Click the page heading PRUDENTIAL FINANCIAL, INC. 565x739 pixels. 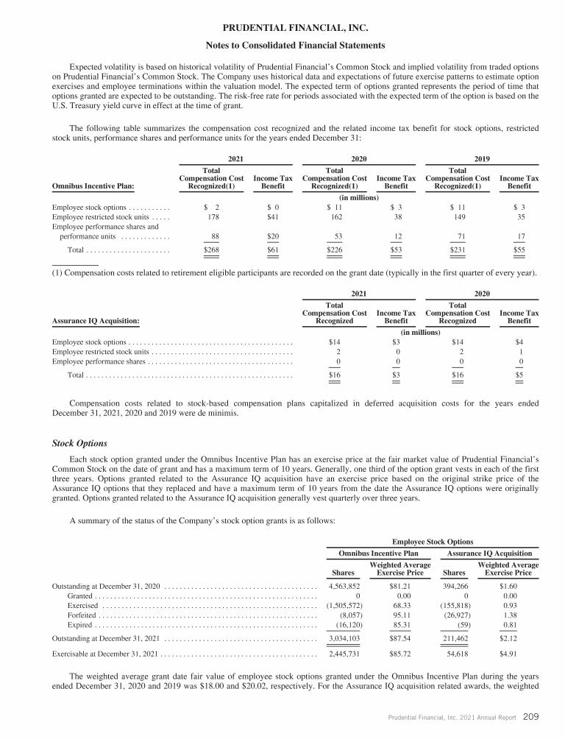coord(282,28)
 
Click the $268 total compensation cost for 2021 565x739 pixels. coord(212,251)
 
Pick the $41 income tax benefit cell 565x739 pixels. coord(273,219)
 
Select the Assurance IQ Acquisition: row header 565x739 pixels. coord(96,321)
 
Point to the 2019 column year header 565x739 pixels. coord(483,158)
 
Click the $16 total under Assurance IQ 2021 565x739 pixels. coord(338,375)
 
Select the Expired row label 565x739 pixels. coord(79,624)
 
